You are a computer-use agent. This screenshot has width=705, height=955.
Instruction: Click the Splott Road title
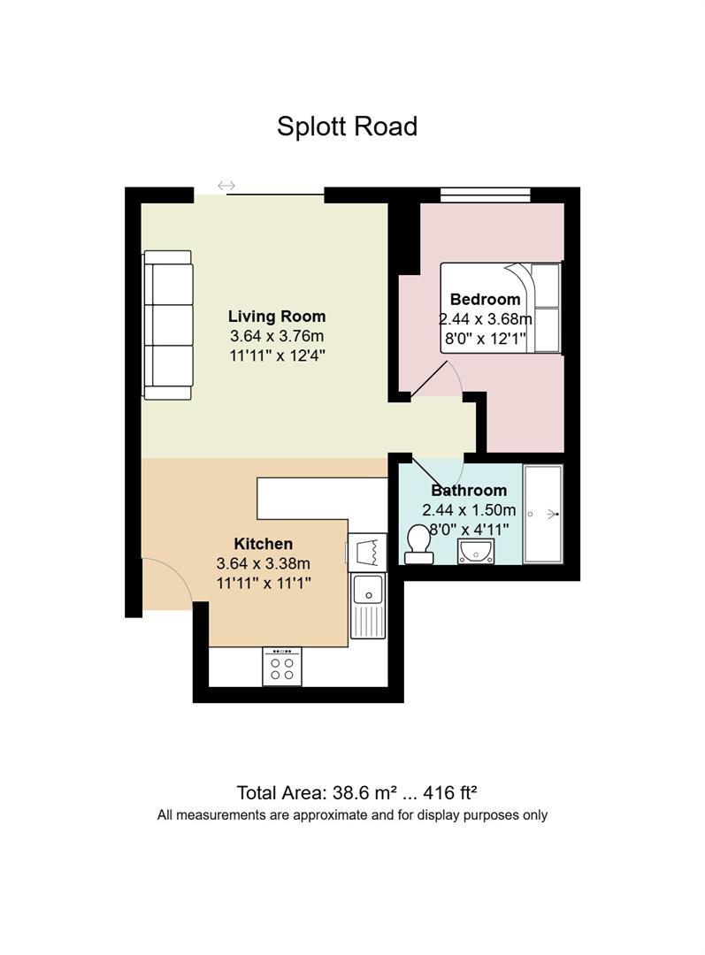[x=347, y=126]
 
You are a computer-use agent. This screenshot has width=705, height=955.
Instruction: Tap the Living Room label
[x=277, y=316]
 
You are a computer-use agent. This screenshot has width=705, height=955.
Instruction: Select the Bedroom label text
[x=485, y=299]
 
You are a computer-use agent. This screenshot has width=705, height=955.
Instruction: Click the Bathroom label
[x=469, y=490]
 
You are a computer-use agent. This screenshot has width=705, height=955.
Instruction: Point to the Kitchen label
[x=264, y=543]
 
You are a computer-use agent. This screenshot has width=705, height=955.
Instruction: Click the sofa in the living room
[x=167, y=325]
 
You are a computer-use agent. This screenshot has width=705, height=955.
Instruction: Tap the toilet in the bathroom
[x=418, y=544]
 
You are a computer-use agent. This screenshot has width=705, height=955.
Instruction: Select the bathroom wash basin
[x=477, y=551]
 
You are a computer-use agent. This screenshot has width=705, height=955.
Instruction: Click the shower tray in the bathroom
[x=542, y=514]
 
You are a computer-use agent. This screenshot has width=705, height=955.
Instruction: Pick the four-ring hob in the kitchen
[x=282, y=667]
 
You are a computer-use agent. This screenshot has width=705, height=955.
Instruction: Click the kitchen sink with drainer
[x=367, y=606]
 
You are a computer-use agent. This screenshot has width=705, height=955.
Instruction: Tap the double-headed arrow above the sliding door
[x=226, y=185]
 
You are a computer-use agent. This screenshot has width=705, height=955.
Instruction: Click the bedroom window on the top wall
[x=486, y=195]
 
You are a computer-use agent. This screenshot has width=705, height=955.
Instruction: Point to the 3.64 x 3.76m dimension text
[x=277, y=336]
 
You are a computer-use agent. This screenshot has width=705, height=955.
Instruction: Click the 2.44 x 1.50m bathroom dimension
[x=469, y=510]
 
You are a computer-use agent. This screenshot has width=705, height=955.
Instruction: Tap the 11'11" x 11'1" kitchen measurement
[x=264, y=583]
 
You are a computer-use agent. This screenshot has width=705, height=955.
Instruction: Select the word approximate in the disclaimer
[x=330, y=815]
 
